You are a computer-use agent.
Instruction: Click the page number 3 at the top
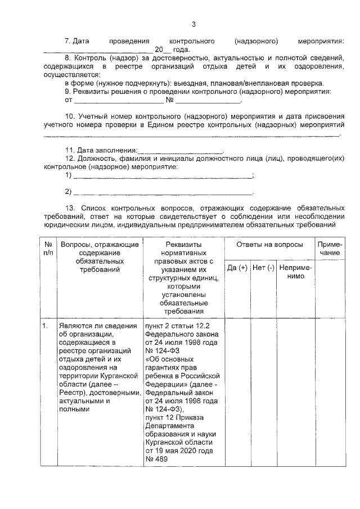click(193, 24)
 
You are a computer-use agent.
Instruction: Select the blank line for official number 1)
click(163, 177)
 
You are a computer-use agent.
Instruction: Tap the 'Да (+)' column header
click(237, 268)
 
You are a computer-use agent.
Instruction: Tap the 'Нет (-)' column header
click(263, 268)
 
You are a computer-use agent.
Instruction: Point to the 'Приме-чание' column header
click(330, 249)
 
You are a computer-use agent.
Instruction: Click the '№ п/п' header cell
click(48, 249)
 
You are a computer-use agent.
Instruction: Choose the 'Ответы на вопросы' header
click(269, 245)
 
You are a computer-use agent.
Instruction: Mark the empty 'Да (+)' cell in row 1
click(237, 394)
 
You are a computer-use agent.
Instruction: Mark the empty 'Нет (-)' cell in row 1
click(263, 394)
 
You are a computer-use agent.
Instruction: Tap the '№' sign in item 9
click(169, 101)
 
